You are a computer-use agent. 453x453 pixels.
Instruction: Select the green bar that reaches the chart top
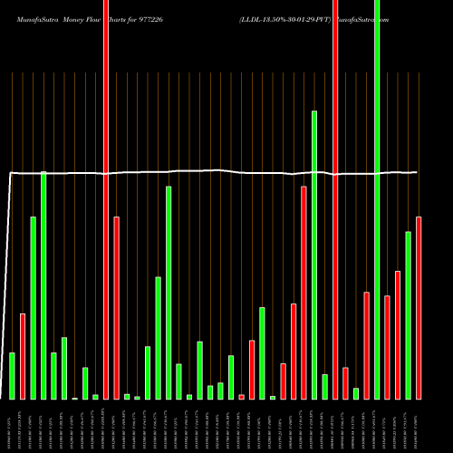tap(377, 199)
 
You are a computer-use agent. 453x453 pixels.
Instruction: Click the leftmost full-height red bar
tap(106, 199)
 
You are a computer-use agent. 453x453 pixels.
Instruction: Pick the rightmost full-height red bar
tap(335, 199)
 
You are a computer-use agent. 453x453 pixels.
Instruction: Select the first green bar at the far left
tap(12, 375)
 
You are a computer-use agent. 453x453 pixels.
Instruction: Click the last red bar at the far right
tap(419, 307)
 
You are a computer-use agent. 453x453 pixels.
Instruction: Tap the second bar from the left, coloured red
tap(23, 356)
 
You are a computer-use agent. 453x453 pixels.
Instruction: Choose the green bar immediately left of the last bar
tap(408, 314)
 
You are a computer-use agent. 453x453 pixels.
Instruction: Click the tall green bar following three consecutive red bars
tap(314, 254)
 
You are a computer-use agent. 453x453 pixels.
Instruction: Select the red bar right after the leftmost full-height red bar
tap(116, 307)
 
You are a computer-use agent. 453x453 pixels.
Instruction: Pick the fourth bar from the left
tap(43, 284)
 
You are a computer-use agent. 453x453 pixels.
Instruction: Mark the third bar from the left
tap(33, 307)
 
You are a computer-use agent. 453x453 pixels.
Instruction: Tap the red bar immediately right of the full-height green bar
tap(387, 347)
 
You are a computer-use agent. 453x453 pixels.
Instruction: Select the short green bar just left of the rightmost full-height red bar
tap(324, 386)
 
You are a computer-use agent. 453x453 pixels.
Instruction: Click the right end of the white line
tap(418, 172)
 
